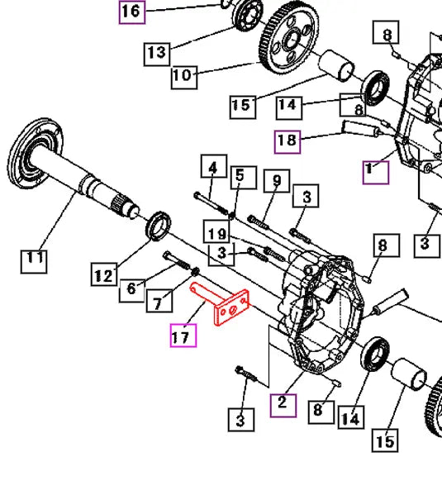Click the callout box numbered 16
(132, 12)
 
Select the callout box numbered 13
(156, 53)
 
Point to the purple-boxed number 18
(287, 141)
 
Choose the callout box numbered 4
(212, 169)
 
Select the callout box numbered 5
(239, 175)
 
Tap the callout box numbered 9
(277, 180)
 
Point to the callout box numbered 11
(33, 260)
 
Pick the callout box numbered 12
(103, 276)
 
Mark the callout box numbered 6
(131, 288)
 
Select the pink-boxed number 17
(183, 336)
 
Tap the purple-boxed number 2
(283, 403)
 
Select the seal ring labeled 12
(159, 225)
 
